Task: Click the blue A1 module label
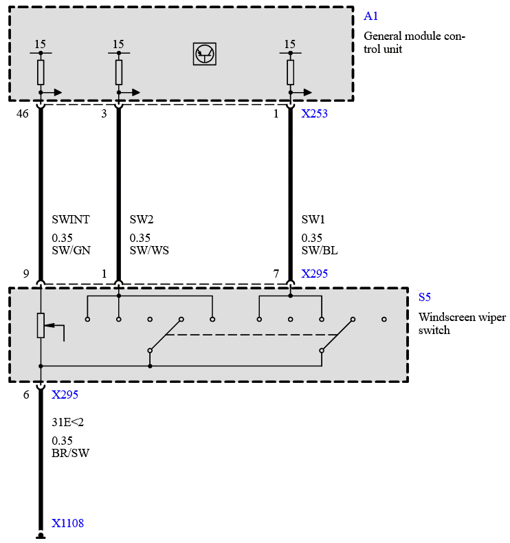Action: (x=371, y=16)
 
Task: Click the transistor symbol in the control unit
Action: (x=205, y=54)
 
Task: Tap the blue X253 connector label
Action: (x=314, y=114)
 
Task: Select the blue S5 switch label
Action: (x=425, y=298)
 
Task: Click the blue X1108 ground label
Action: (x=67, y=524)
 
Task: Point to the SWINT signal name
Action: (x=71, y=220)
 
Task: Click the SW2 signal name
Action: (x=142, y=220)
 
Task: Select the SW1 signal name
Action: (x=313, y=220)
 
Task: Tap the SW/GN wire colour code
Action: (x=71, y=251)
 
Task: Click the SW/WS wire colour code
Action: (x=149, y=251)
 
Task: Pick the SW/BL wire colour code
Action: (x=320, y=251)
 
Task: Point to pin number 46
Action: (x=23, y=114)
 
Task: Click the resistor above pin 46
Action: (x=41, y=71)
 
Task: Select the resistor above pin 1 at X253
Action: (x=290, y=71)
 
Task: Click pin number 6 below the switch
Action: (x=26, y=395)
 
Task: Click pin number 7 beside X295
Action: (x=276, y=274)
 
